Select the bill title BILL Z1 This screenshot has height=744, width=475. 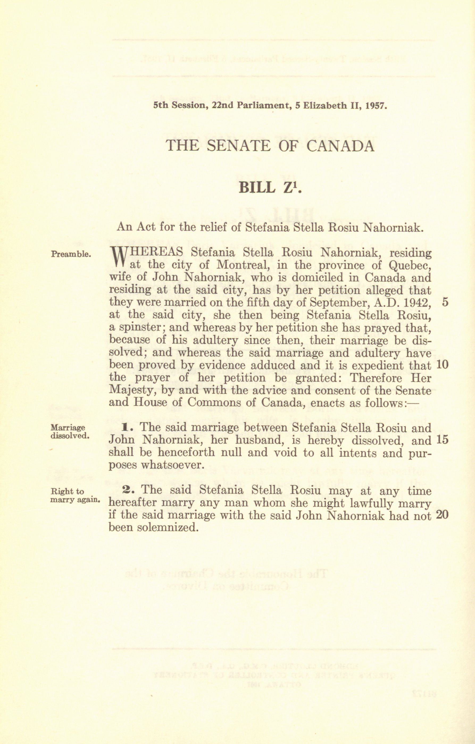(x=270, y=188)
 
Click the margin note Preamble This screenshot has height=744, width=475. (x=71, y=254)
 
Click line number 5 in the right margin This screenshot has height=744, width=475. (x=445, y=302)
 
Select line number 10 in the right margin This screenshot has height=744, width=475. (x=443, y=365)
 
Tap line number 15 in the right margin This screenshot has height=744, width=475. (x=443, y=440)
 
